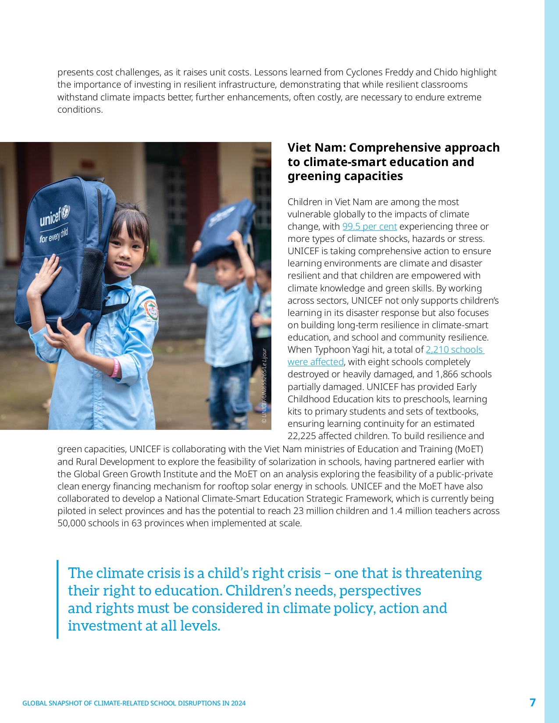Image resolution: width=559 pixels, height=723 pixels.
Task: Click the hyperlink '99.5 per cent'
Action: [369, 227]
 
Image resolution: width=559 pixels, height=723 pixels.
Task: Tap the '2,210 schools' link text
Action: [454, 350]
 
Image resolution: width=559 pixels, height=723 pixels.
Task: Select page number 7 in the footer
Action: [532, 702]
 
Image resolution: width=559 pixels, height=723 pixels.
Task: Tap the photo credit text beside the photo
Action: [264, 386]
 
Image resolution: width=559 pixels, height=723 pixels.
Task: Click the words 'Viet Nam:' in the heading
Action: [316, 148]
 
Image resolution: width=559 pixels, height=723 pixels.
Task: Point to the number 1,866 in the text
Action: [449, 374]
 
